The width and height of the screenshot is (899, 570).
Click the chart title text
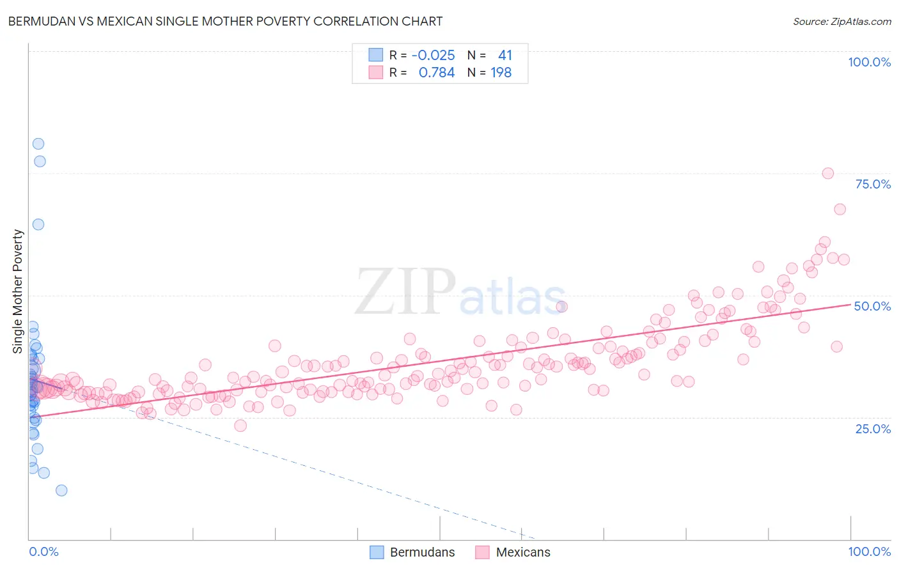pos(224,21)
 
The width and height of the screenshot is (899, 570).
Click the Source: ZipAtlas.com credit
pos(841,21)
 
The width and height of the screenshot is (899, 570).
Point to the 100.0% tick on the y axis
pos(869,62)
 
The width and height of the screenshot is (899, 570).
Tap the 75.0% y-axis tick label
pos(873,184)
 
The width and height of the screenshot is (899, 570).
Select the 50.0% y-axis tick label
pos(872,306)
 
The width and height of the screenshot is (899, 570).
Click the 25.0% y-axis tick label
pos(873,428)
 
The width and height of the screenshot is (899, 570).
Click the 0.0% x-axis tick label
pos(43,551)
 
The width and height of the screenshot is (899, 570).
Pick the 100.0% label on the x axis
pos(869,551)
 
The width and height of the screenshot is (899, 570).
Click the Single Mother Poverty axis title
pos(17,291)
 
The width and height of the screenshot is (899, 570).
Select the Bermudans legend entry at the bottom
pos(412,552)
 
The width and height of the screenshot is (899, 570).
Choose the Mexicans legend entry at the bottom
pos(513,552)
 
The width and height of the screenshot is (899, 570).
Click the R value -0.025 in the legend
pos(433,56)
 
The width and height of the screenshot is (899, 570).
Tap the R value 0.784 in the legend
pos(436,73)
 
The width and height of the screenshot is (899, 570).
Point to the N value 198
pos(501,73)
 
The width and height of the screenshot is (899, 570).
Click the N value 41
pos(504,56)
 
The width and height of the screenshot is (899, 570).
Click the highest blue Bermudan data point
pos(38,144)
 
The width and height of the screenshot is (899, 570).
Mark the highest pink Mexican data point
pos(827,173)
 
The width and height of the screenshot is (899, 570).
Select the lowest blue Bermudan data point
pos(61,490)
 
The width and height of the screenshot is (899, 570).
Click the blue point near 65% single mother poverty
pos(38,224)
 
